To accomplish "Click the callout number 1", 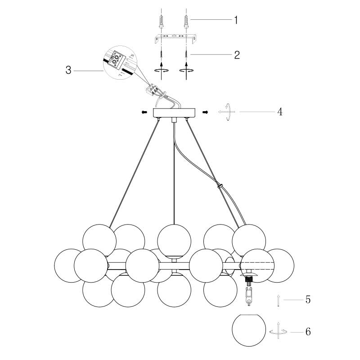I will pos(235,20).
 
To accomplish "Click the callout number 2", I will pos(236,55).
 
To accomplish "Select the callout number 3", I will pos(68,70).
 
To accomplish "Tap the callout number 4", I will pos(279,111).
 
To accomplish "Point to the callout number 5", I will pos(308,299).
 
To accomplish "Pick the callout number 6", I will pos(308,332).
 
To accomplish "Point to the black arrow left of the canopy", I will pos(144,112).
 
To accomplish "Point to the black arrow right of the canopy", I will pos(205,112).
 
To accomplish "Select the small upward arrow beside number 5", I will pos(279,300).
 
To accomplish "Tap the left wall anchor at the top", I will pos(162,21).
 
